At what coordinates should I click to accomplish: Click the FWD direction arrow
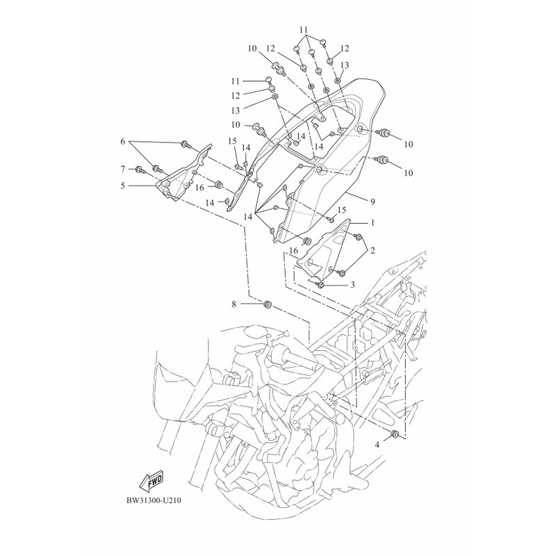pyautogui.click(x=152, y=483)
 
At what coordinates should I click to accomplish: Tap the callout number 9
pyautogui.click(x=373, y=202)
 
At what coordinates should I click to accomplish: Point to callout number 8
pyautogui.click(x=234, y=304)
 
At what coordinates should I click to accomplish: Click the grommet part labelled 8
pyautogui.click(x=267, y=304)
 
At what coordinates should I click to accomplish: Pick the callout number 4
pyautogui.click(x=377, y=445)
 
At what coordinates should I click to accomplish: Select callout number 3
pyautogui.click(x=352, y=285)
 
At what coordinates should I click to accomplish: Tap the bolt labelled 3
pyautogui.click(x=320, y=285)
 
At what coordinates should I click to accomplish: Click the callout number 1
pyautogui.click(x=373, y=223)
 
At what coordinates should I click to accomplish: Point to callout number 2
pyautogui.click(x=373, y=251)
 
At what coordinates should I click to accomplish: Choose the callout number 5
pyautogui.click(x=123, y=186)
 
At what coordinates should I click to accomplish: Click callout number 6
pyautogui.click(x=123, y=142)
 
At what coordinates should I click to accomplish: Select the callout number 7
pyautogui.click(x=123, y=169)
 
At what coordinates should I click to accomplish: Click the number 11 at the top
pyautogui.click(x=304, y=29)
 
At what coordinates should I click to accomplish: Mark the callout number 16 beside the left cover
pyautogui.click(x=199, y=188)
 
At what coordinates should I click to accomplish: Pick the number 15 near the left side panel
pyautogui.click(x=232, y=142)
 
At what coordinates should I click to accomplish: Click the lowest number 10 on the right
pyautogui.click(x=409, y=172)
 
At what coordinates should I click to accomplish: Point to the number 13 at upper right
pyautogui.click(x=345, y=65)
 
